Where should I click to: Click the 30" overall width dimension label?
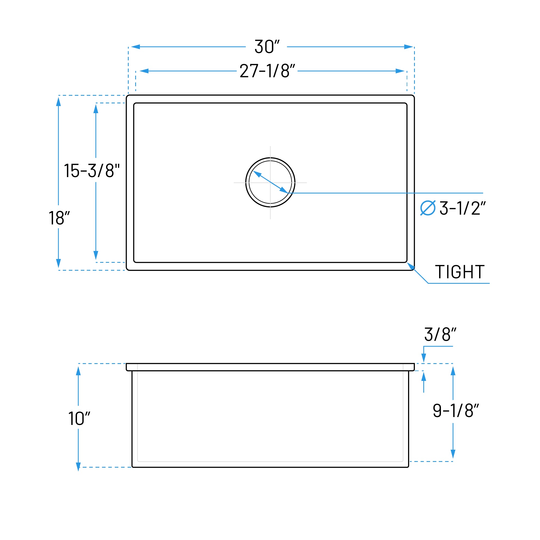[x=267, y=47]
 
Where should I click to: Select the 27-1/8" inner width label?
[x=267, y=71]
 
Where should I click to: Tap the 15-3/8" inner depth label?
[x=92, y=171]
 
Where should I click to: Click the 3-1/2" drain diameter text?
[x=462, y=208]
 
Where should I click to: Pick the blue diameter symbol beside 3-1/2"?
[x=428, y=208]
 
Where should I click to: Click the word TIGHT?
[x=460, y=272]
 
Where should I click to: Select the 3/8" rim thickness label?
[x=440, y=334]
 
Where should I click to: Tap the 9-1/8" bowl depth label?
[x=456, y=411]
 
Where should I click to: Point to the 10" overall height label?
[x=79, y=418]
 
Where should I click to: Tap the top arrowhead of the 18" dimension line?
[x=58, y=102]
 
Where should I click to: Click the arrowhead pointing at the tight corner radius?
[x=410, y=266]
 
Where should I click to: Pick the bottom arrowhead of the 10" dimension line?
[x=78, y=467]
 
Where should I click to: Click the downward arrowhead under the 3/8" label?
[x=424, y=358]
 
